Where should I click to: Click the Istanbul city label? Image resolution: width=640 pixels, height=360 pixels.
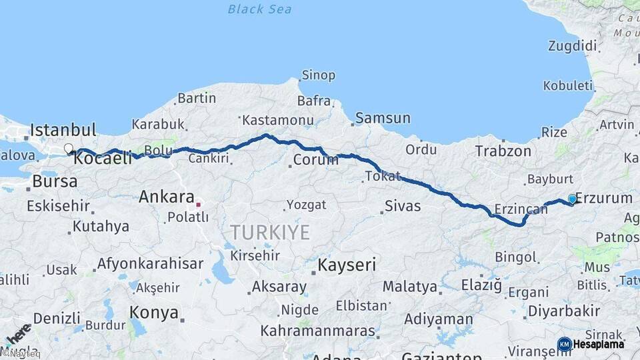[63, 129]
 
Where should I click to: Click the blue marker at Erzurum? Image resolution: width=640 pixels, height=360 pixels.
[572, 199]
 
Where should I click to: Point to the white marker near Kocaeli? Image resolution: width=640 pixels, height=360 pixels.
[69, 149]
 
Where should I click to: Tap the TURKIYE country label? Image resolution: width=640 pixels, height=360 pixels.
[270, 232]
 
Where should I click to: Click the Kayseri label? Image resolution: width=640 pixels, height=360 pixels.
[347, 265]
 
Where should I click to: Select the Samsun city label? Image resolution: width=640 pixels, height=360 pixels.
[383, 118]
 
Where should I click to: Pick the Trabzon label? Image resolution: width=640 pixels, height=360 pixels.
[503, 151]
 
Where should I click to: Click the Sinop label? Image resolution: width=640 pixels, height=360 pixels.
[318, 75]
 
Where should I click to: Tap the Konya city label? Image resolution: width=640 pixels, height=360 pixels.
[153, 312]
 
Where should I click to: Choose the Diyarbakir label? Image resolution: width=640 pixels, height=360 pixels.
[564, 311]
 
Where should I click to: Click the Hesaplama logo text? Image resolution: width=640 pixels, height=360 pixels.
[598, 344]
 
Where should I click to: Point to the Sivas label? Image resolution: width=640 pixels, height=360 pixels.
[403, 206]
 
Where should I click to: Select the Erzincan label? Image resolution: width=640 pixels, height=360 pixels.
[521, 209]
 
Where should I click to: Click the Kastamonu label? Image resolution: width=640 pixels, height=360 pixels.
[277, 120]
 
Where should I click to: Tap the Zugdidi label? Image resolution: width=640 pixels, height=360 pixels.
[572, 46]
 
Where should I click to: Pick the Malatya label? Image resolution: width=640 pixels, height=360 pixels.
[410, 287]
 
